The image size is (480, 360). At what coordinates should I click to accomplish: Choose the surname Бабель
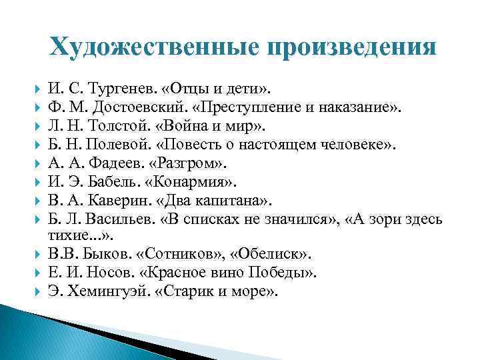109,180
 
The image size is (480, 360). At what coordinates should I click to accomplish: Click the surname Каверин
116,198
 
